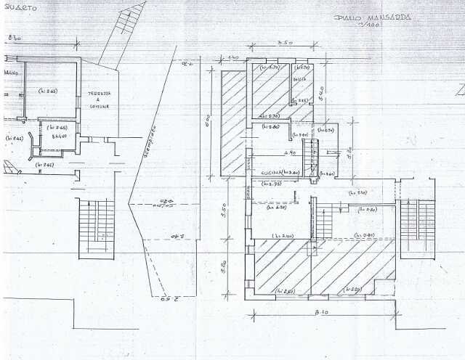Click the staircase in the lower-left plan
coord(96,227)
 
